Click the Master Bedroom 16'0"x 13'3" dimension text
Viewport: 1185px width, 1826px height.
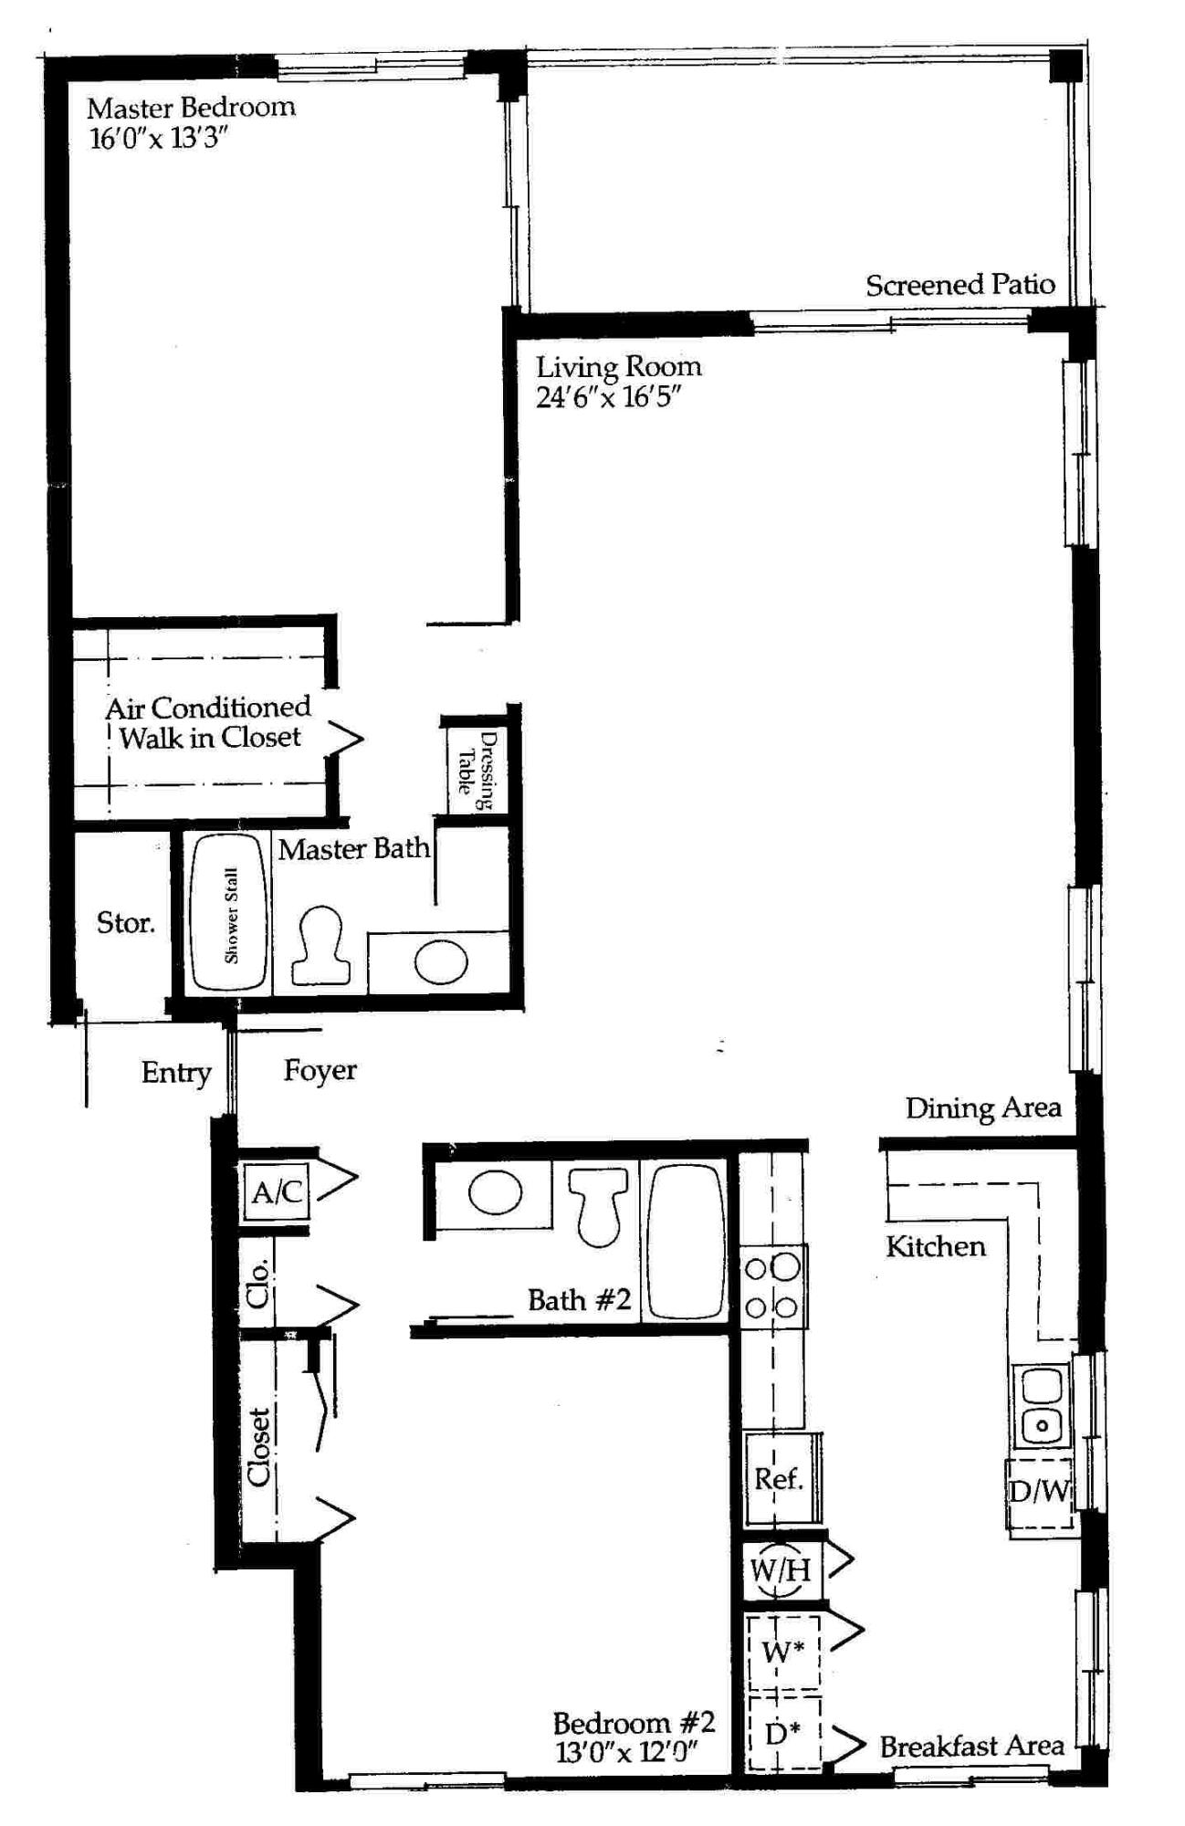[x=157, y=139]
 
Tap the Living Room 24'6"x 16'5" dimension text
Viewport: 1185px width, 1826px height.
[x=608, y=397]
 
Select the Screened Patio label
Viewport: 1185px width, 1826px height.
[x=960, y=286]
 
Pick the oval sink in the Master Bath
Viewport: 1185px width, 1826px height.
[x=441, y=961]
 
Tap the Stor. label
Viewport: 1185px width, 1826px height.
[x=125, y=923]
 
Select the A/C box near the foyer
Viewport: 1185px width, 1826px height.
[x=277, y=1191]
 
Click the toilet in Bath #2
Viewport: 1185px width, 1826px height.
[x=598, y=1205]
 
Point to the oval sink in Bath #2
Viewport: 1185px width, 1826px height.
[x=495, y=1192]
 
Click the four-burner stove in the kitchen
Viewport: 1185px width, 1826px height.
[x=772, y=1287]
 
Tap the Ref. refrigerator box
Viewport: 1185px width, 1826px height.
[x=779, y=1478]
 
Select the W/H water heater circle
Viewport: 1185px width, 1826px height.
[x=779, y=1570]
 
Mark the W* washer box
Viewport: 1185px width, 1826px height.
[x=782, y=1651]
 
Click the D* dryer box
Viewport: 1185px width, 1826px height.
[x=782, y=1732]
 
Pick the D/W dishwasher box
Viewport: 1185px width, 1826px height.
[x=1039, y=1493]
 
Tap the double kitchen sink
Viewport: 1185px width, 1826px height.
[x=1041, y=1405]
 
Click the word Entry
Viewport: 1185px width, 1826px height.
[x=176, y=1073]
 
